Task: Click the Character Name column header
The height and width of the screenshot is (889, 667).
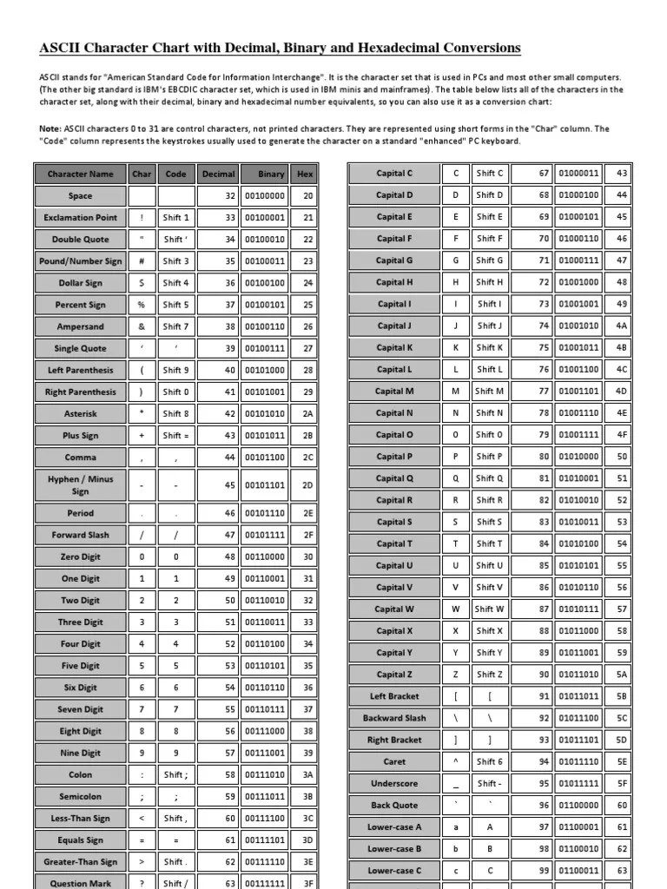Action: (x=80, y=174)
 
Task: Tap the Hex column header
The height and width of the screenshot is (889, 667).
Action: (x=304, y=174)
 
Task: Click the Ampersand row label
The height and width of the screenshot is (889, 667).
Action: (x=80, y=326)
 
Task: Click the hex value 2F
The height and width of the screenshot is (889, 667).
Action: (x=307, y=536)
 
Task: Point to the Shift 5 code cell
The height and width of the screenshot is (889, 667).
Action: (x=175, y=305)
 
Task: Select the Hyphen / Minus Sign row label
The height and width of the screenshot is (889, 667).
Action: (x=80, y=484)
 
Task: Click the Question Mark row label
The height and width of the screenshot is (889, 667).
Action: (x=80, y=883)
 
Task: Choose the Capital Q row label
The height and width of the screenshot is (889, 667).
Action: (x=394, y=478)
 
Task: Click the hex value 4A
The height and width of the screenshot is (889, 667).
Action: (x=621, y=326)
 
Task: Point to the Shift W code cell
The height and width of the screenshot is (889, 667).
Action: (x=490, y=609)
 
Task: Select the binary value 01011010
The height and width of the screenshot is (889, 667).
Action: (x=578, y=675)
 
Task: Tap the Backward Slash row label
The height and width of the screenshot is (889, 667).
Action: (x=394, y=718)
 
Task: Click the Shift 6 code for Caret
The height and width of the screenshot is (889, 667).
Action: (x=490, y=761)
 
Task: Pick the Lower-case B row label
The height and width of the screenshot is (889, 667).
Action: (x=394, y=848)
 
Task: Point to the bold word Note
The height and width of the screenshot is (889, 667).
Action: (x=50, y=128)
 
